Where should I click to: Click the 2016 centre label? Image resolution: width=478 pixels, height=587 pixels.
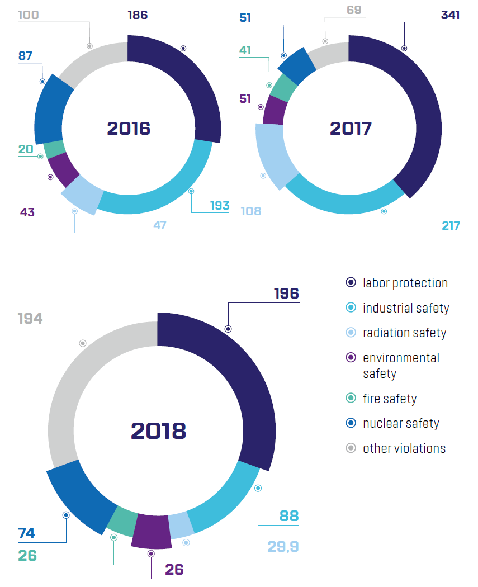point(129,129)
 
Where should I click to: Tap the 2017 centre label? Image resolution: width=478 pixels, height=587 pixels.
point(351,129)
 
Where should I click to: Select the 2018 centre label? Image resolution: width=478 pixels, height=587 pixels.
point(158,431)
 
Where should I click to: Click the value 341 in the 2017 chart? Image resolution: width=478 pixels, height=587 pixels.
point(450,15)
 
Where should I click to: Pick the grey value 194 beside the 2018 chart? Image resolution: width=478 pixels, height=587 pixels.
point(30,319)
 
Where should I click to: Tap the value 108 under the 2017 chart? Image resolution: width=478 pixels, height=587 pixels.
point(251,211)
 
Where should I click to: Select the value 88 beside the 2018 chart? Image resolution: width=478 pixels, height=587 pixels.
point(289,515)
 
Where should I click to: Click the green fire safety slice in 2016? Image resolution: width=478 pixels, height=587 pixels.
point(54,149)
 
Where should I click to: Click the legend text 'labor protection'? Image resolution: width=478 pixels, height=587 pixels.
point(405,283)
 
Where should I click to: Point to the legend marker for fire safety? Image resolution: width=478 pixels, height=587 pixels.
point(351,399)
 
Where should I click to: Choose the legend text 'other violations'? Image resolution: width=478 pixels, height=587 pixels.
point(404,448)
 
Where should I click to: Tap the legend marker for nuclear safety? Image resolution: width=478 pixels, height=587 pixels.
point(351,423)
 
